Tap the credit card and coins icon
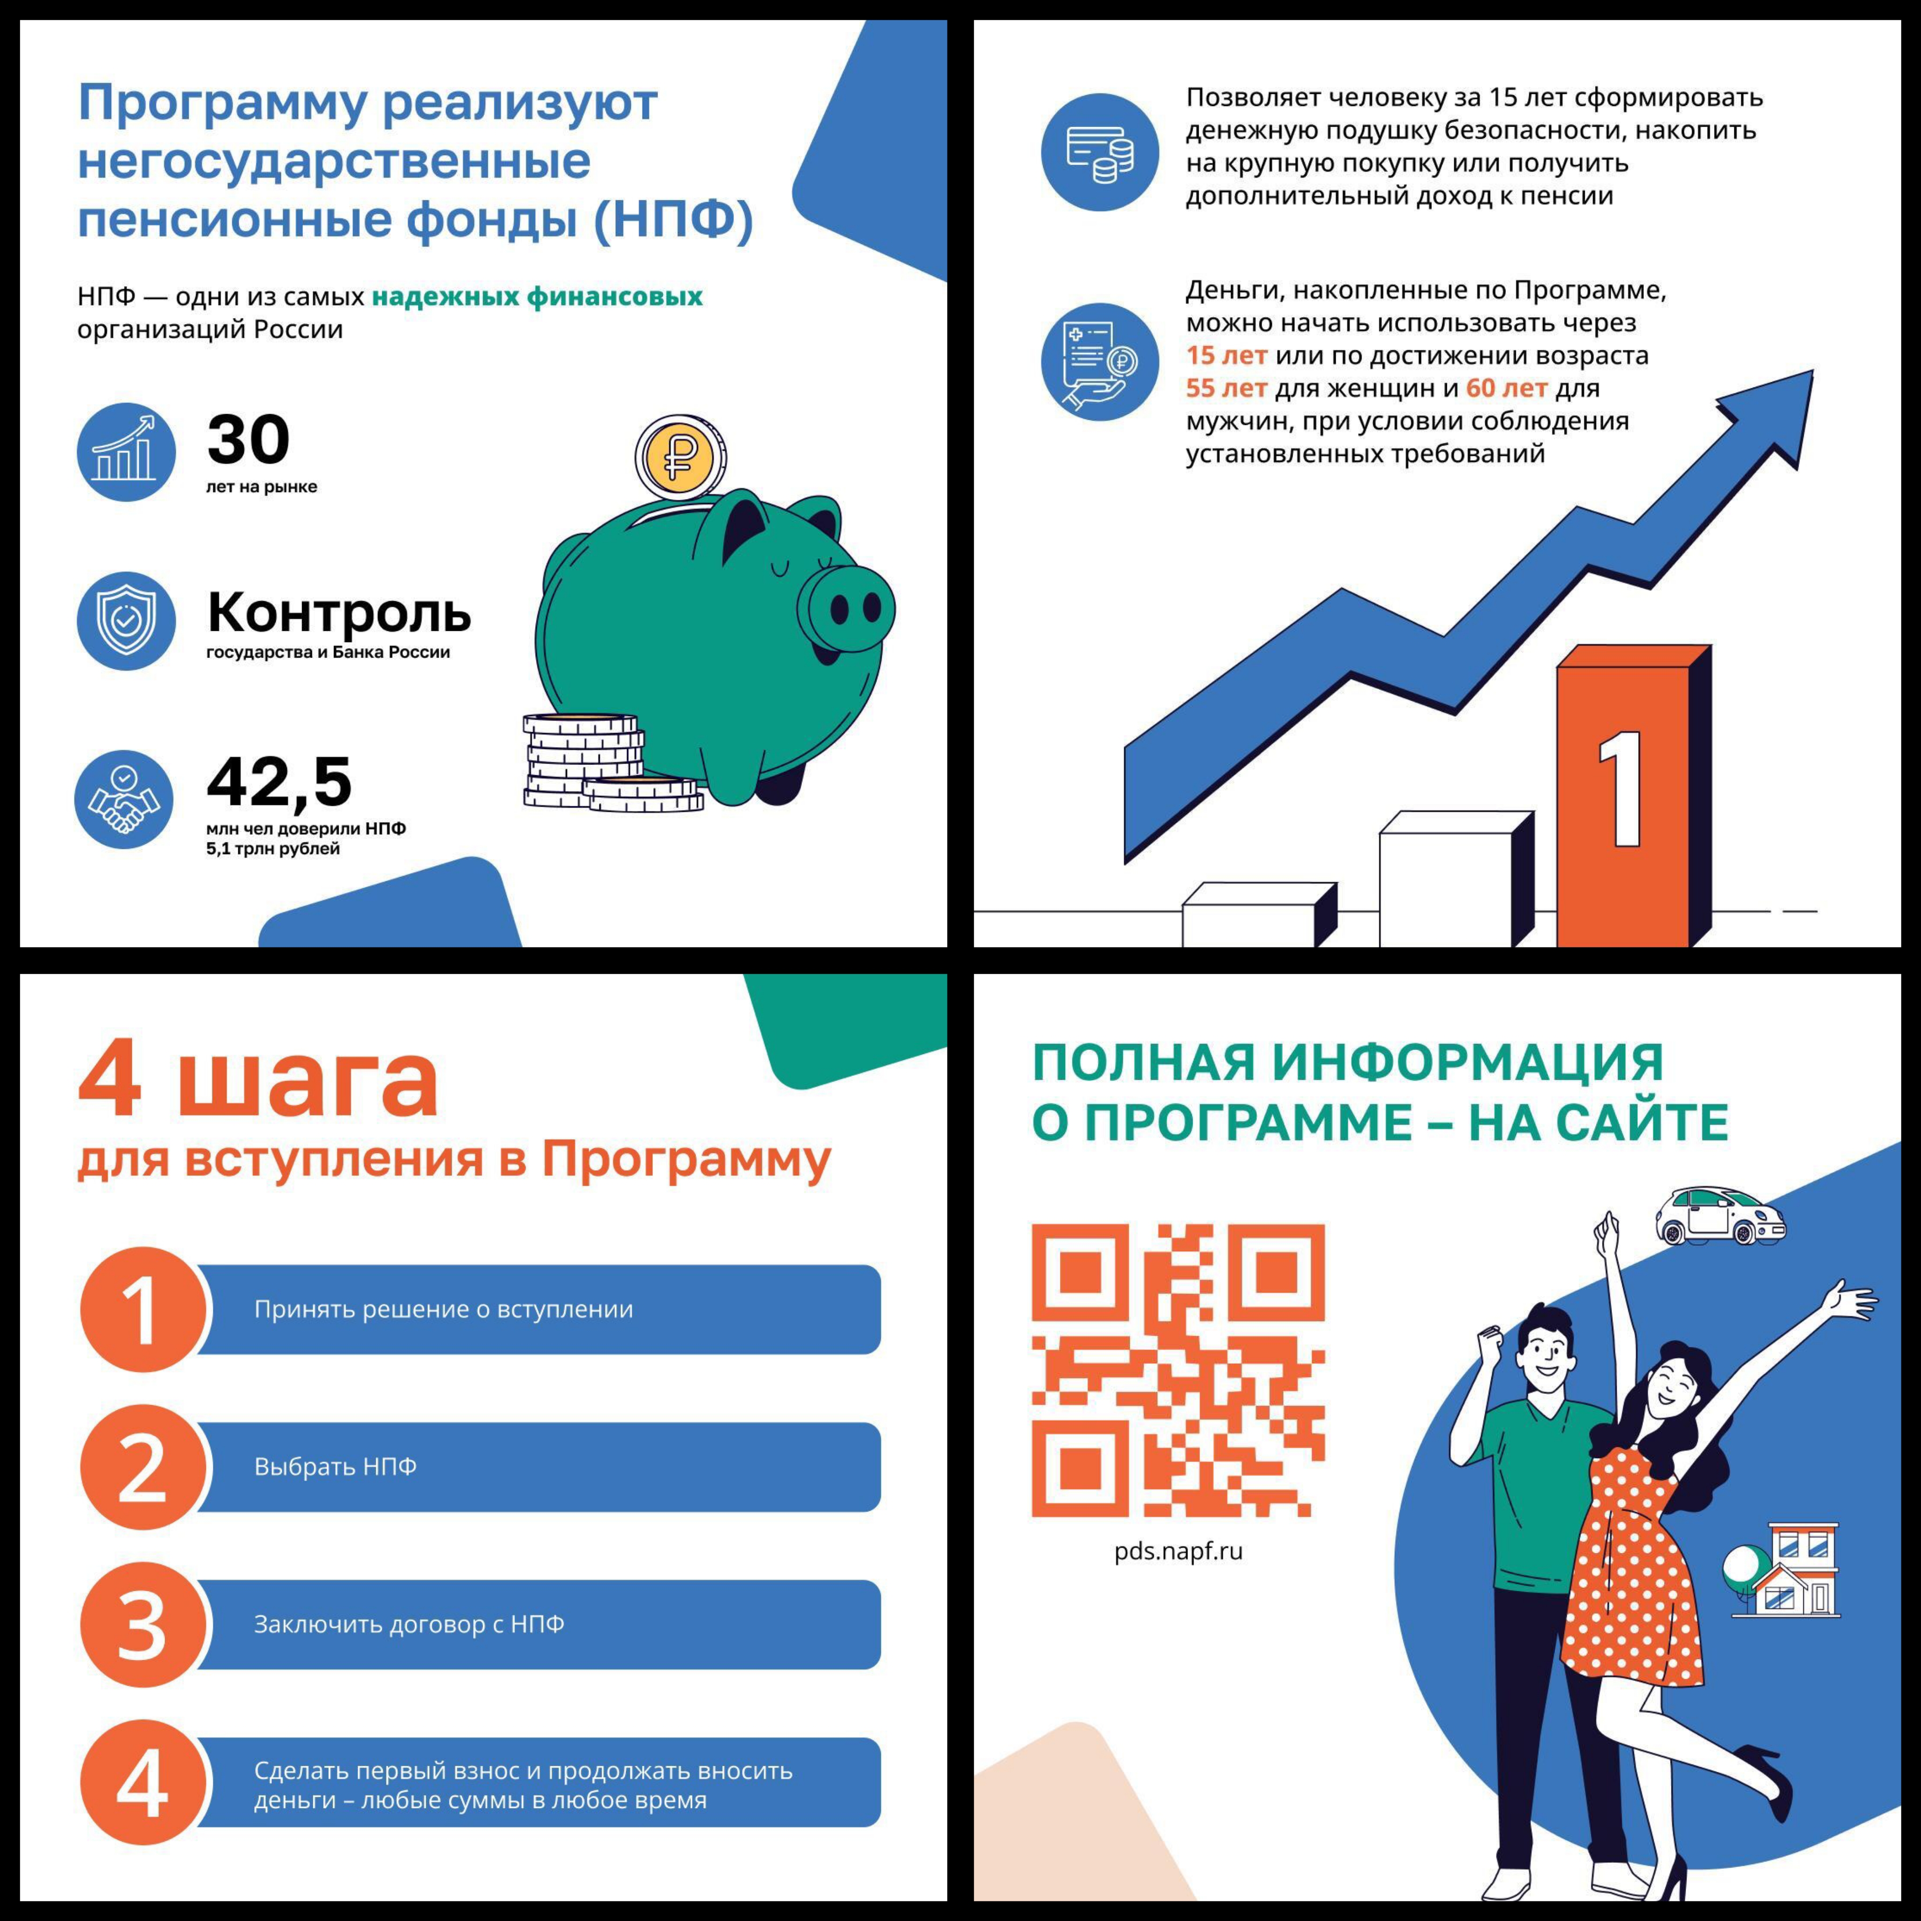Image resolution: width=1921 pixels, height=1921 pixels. click(1100, 152)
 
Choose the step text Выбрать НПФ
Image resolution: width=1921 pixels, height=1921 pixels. click(335, 1467)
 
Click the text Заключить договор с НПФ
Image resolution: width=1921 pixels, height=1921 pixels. click(408, 1624)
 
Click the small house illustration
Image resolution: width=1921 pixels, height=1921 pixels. click(1785, 1569)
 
